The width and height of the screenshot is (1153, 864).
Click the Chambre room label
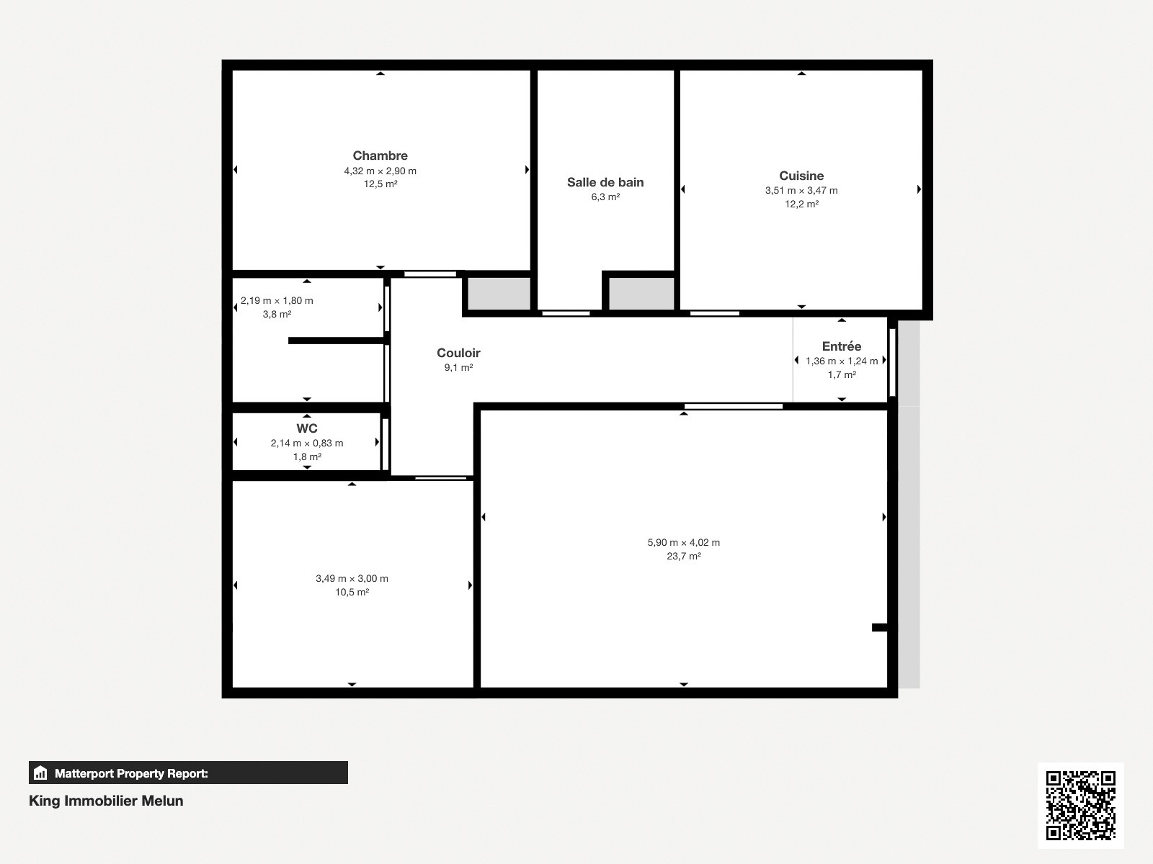(380, 156)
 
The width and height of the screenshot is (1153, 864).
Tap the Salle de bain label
(605, 183)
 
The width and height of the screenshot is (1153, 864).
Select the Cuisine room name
(801, 176)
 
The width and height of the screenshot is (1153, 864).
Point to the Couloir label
(458, 353)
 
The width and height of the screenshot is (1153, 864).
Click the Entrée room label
(842, 346)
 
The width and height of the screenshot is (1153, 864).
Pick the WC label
(307, 428)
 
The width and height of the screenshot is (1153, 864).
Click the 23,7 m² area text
(683, 556)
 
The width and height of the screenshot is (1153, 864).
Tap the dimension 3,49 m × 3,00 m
(352, 579)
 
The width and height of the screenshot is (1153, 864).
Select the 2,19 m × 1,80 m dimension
(277, 300)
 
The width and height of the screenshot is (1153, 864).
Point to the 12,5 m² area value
(380, 184)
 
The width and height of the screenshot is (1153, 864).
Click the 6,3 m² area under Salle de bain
(605, 197)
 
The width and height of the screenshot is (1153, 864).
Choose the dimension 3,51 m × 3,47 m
(801, 190)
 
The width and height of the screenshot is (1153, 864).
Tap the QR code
(1080, 805)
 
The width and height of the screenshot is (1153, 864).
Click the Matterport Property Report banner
(188, 773)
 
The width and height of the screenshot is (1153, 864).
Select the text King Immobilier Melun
(106, 801)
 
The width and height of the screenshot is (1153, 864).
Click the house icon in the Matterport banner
(40, 773)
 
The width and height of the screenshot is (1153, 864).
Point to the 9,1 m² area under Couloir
(458, 368)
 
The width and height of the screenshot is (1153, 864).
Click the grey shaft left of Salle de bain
(499, 294)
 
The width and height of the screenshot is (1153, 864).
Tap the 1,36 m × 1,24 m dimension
(842, 361)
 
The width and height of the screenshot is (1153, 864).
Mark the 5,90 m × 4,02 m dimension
(683, 542)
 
